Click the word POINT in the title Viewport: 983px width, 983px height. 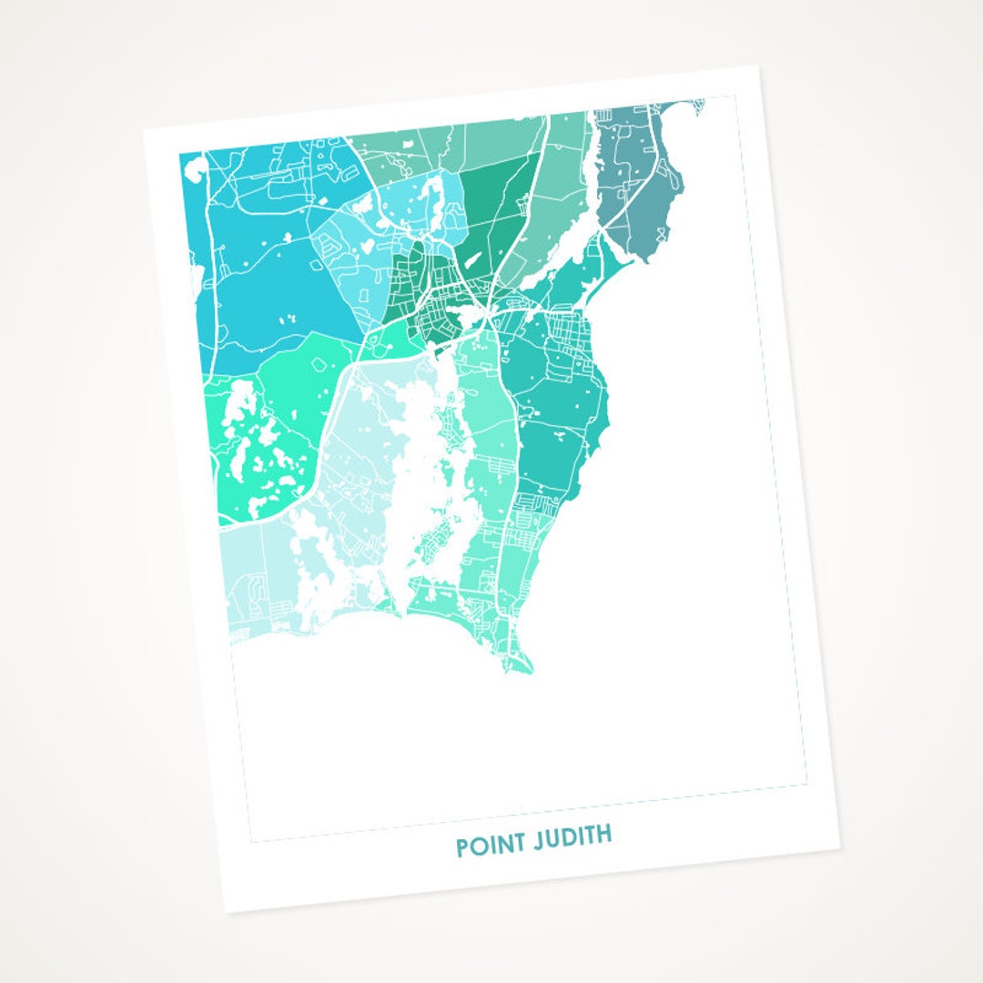pos(491,844)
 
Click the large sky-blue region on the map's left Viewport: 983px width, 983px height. pos(273,300)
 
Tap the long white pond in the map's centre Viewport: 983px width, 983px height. pos(414,455)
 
